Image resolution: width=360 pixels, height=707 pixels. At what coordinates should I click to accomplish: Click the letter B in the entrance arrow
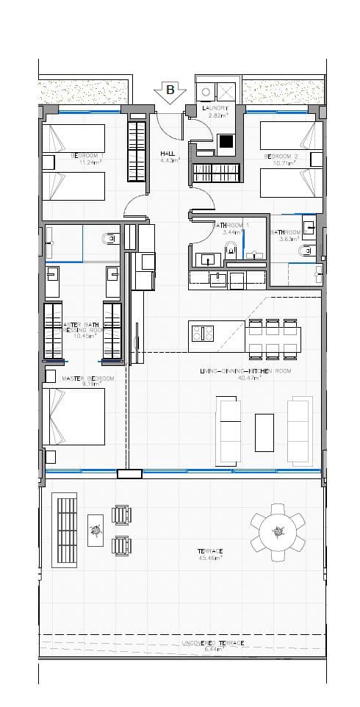click(170, 90)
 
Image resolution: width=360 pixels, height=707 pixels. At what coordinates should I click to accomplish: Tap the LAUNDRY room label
click(216, 108)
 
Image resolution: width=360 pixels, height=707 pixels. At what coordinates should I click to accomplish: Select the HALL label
click(168, 154)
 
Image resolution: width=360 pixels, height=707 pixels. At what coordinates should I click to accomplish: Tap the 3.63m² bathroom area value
click(288, 238)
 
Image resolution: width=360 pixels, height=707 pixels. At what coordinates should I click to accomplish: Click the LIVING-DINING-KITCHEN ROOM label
click(245, 372)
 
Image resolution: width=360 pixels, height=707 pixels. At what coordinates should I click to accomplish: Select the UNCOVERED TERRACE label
click(212, 642)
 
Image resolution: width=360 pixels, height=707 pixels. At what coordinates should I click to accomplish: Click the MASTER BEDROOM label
click(88, 378)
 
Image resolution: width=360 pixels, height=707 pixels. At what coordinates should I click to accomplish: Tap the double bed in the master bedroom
click(73, 416)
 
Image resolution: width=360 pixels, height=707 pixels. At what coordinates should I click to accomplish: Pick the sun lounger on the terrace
click(65, 530)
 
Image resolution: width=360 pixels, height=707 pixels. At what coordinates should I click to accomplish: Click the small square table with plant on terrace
click(96, 529)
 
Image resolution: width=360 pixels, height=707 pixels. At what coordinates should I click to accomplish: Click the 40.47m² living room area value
click(245, 379)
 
